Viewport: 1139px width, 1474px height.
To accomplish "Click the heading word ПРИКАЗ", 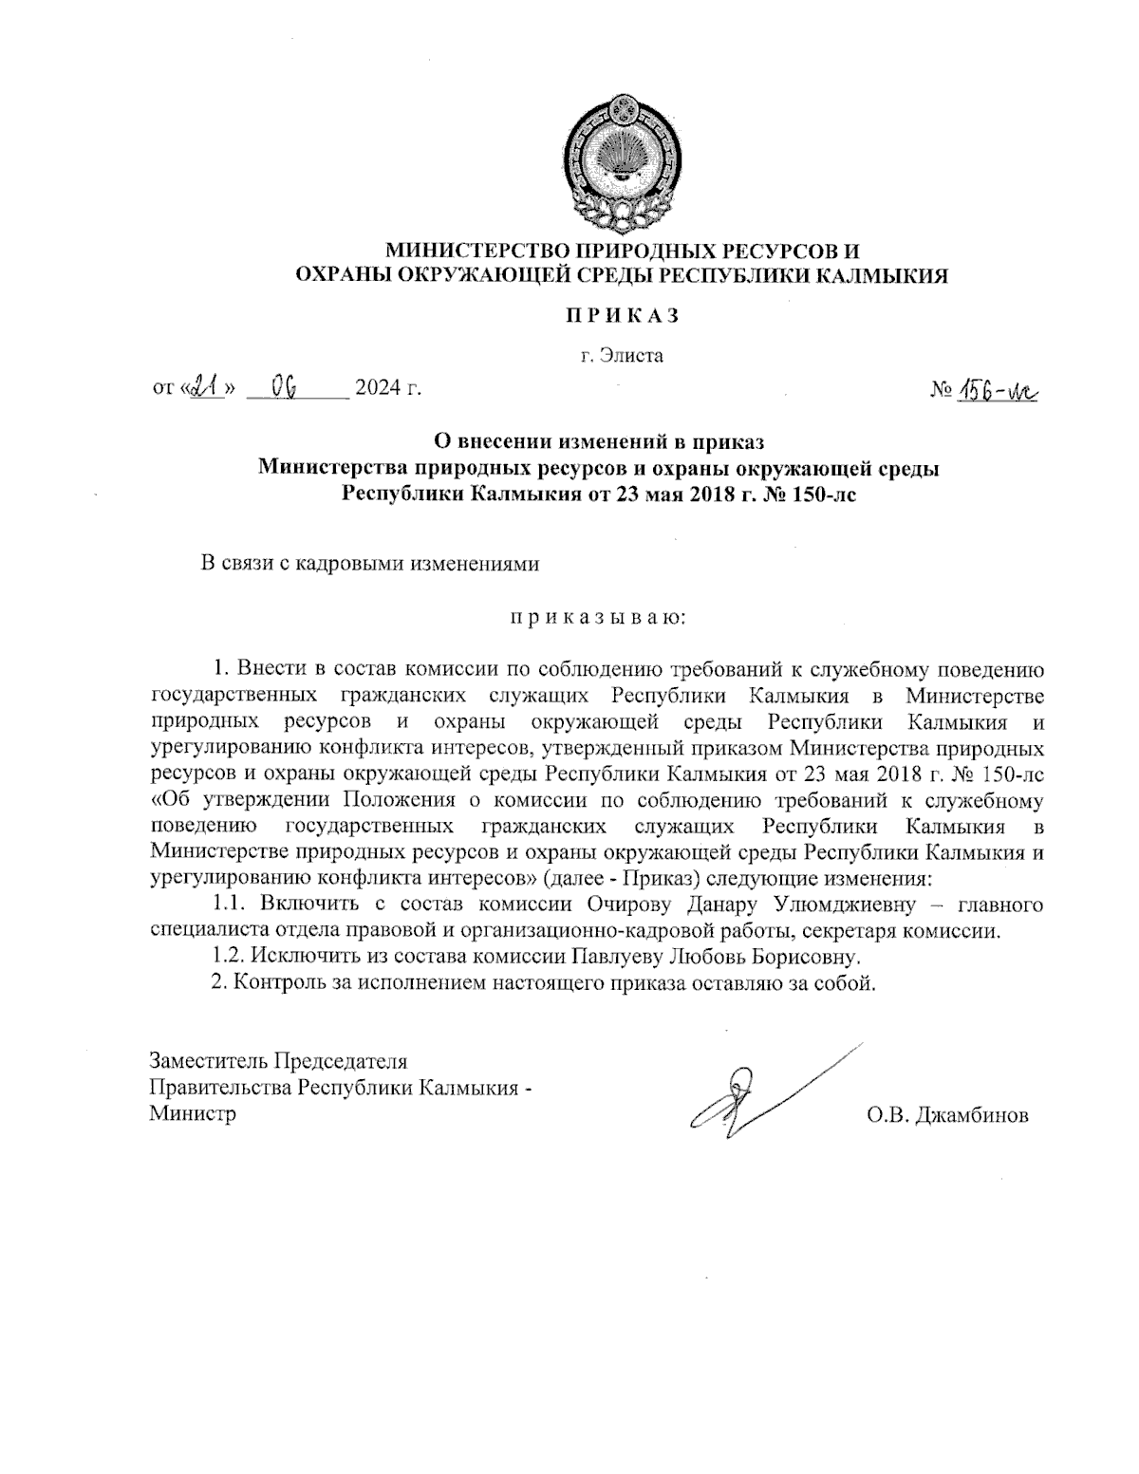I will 618,316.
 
